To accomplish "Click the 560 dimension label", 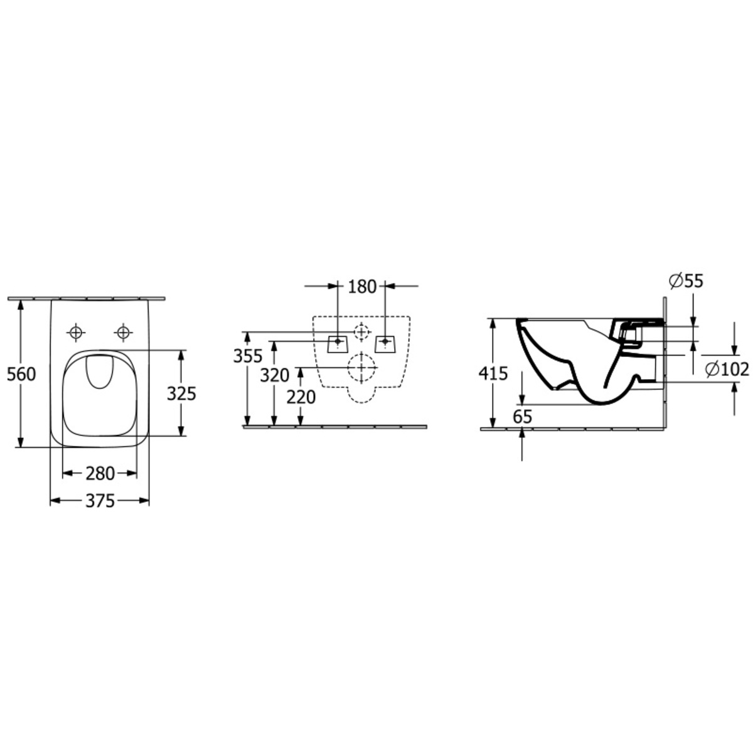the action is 21,374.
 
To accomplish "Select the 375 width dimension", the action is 100,501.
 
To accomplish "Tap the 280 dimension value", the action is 100,474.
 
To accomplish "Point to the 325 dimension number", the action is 181,394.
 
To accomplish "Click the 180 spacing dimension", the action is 362,287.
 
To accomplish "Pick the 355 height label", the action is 248,356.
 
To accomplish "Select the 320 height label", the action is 275,375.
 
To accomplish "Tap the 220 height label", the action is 301,397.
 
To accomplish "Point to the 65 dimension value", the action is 523,417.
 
